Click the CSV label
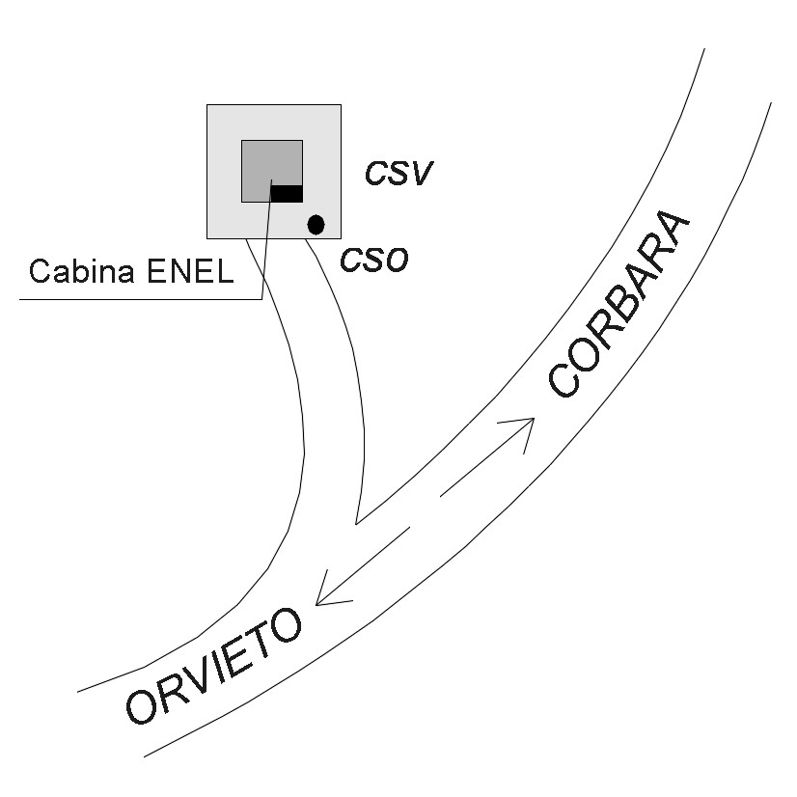(398, 174)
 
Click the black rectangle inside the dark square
(287, 194)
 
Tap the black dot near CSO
(316, 225)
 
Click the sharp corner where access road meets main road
(356, 525)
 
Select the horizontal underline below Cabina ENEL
(135, 299)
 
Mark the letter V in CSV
(421, 174)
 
